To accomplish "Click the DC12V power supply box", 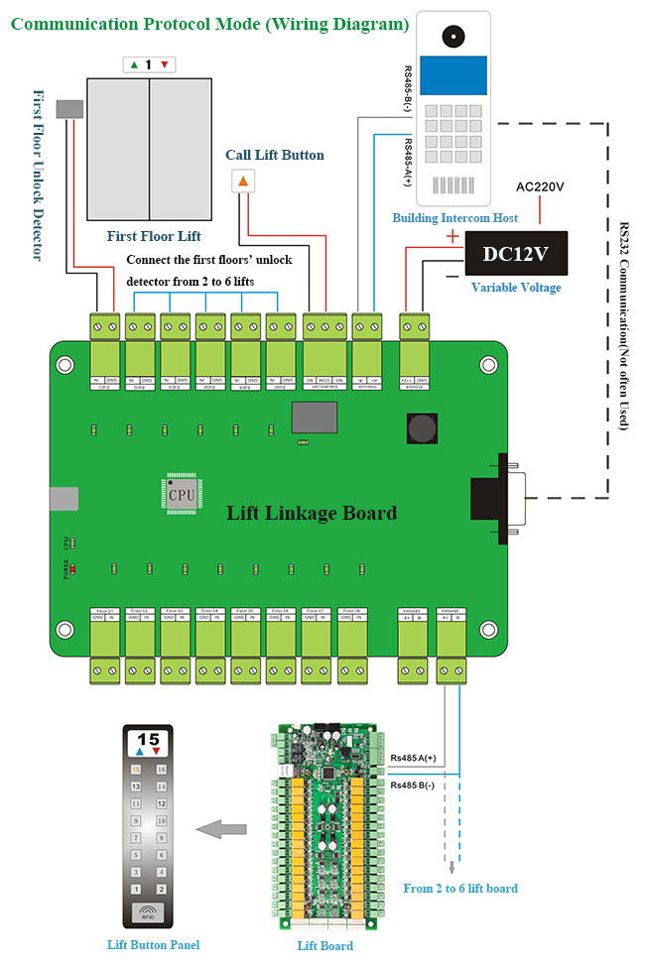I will click(517, 253).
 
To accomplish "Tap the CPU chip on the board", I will click(181, 493).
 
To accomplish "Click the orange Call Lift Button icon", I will click(243, 181).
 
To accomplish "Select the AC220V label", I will click(541, 186).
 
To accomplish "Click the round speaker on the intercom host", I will click(453, 35).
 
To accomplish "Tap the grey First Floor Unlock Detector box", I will click(69, 109).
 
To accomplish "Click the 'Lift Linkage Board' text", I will click(312, 513).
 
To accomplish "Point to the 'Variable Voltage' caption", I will click(515, 288).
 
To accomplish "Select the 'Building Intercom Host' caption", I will click(454, 217).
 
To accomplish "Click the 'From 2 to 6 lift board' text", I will click(459, 888).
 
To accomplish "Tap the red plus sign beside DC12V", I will click(452, 236).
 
